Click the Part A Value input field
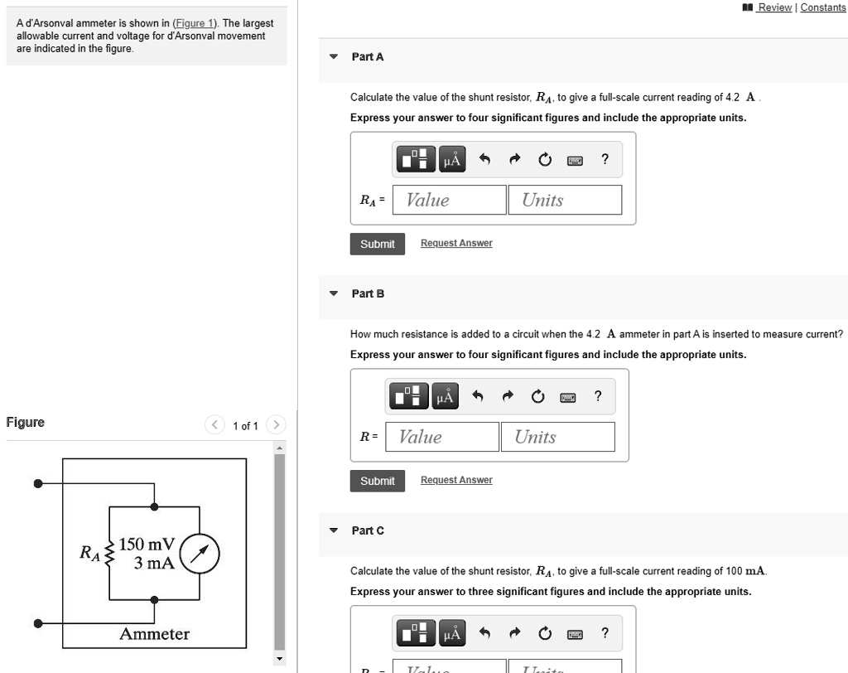tap(448, 200)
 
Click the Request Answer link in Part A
tap(456, 243)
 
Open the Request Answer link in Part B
tap(456, 480)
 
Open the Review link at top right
tap(774, 7)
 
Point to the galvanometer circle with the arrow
tap(200, 554)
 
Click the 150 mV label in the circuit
tap(147, 545)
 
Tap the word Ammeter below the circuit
tap(154, 634)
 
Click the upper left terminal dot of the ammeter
tap(37, 483)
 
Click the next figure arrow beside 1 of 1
tap(277, 426)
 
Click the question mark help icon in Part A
tap(605, 159)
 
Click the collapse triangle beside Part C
tap(334, 530)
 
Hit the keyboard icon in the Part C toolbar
tap(574, 635)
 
